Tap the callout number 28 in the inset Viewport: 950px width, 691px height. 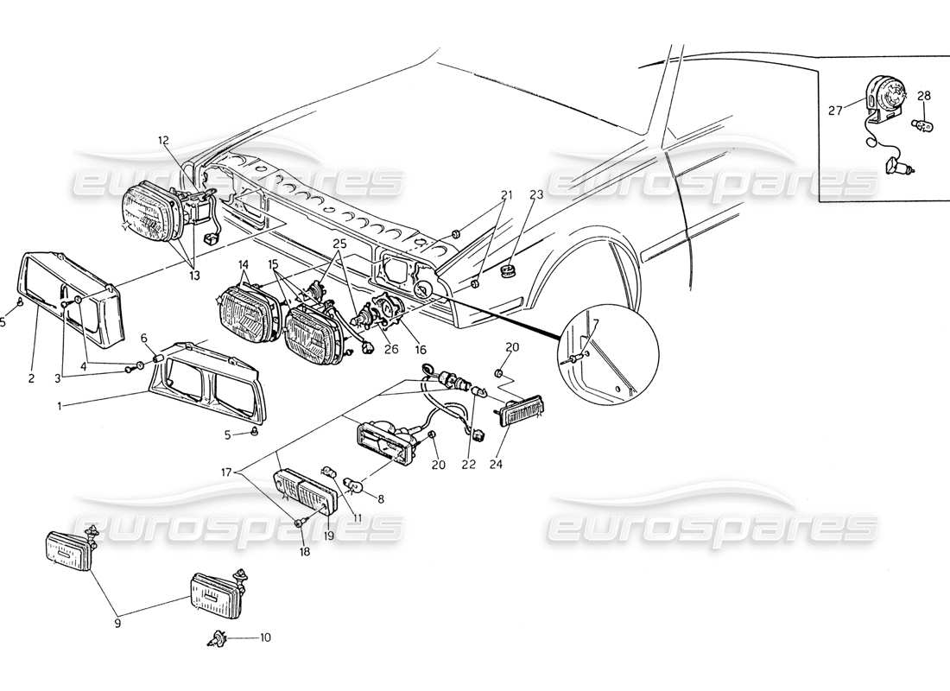click(x=923, y=95)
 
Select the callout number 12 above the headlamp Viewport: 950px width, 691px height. click(x=164, y=140)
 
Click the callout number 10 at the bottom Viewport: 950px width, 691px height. click(x=265, y=638)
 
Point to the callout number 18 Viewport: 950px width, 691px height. click(x=304, y=549)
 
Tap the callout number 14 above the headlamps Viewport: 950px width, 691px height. click(x=243, y=264)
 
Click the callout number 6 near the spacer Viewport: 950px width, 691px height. click(x=143, y=339)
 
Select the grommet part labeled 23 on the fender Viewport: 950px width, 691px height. click(x=508, y=275)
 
